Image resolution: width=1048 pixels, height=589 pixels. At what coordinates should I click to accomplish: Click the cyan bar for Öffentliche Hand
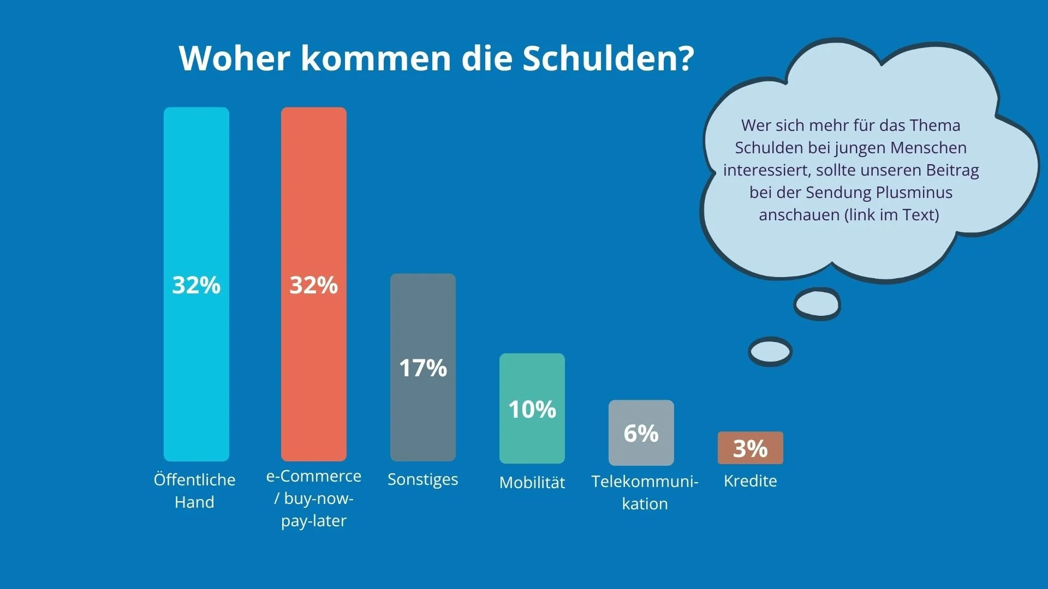(196, 284)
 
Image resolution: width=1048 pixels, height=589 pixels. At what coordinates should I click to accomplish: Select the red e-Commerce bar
(314, 284)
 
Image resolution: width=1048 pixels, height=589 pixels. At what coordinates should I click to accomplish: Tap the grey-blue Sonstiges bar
(423, 368)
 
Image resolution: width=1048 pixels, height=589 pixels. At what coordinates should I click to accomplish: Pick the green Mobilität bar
(532, 408)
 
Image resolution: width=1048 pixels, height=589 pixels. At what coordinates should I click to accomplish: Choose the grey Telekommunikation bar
(641, 432)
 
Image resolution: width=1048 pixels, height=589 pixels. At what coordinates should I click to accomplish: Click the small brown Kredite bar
(751, 448)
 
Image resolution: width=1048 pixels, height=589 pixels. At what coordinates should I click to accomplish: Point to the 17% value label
(423, 368)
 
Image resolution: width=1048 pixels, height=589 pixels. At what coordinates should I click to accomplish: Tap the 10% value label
(532, 410)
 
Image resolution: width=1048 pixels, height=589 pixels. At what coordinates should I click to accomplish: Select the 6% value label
(641, 434)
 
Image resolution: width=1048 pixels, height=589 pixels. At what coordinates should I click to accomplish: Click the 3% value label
(751, 449)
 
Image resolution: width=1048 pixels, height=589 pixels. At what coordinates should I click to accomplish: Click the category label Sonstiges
(423, 480)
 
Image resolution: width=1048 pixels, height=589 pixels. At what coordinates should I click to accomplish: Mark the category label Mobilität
(532, 482)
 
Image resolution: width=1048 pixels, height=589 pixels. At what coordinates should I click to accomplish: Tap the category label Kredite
(751, 480)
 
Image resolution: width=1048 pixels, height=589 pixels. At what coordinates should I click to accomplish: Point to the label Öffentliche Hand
(194, 490)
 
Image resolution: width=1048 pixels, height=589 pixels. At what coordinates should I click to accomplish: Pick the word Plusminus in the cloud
(914, 193)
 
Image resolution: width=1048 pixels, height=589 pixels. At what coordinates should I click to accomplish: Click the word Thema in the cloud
(934, 125)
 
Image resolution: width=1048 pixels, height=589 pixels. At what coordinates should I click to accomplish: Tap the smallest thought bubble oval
(770, 352)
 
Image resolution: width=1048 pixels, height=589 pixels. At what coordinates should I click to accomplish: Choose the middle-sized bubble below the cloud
(817, 304)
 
